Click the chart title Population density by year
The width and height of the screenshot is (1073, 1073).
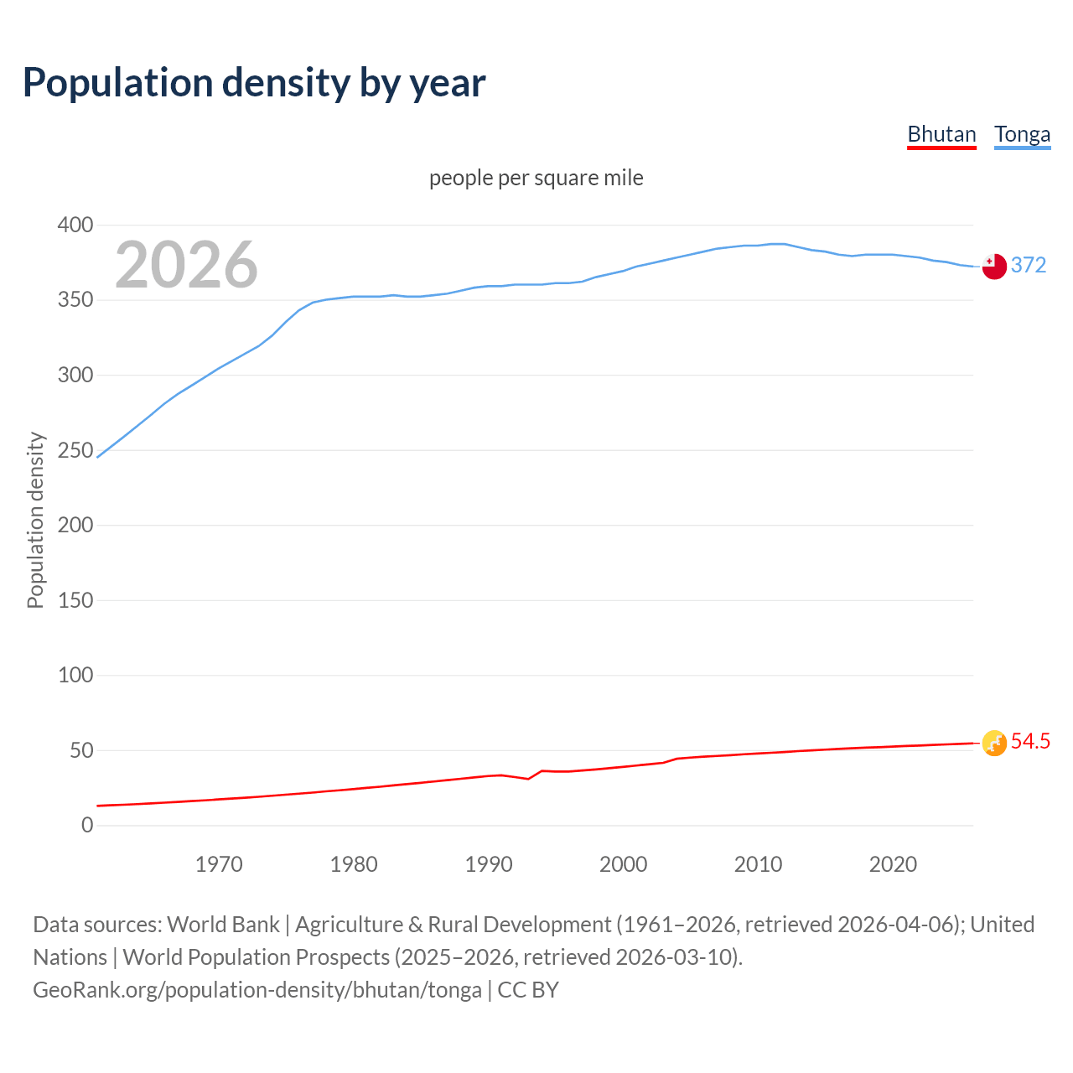point(254,83)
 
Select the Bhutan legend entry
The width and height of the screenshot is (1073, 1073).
point(941,134)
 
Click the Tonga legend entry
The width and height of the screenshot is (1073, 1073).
point(1022,134)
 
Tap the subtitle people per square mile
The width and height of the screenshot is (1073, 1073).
point(536,178)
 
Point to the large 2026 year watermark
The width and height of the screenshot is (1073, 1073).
point(186,265)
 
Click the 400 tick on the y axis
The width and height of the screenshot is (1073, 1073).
point(75,225)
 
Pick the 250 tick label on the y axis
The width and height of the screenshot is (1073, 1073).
point(75,450)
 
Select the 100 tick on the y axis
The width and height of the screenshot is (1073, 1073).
point(75,675)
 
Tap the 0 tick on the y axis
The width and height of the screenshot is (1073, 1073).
point(87,825)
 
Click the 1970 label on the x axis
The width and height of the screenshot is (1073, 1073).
point(219,864)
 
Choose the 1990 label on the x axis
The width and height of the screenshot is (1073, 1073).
point(489,864)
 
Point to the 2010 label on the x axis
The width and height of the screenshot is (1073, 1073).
point(758,864)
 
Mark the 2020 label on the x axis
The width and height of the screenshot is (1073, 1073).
point(893,864)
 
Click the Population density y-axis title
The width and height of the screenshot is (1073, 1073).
point(35,520)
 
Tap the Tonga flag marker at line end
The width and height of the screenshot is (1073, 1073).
point(994,266)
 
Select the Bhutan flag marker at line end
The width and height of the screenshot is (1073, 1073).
point(994,743)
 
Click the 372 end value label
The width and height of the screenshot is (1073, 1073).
point(1029,265)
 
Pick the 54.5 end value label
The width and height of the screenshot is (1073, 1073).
point(1030,741)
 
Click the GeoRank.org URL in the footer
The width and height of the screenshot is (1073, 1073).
point(257,990)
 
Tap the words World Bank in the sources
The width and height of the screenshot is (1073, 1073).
point(223,925)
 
